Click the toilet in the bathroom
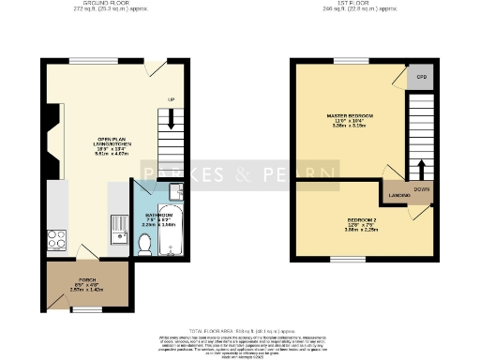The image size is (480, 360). pos(144,245)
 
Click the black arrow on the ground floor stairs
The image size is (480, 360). pos(171,119)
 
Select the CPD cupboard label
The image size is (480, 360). pos(422,77)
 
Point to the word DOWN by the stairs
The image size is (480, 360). pos(423,188)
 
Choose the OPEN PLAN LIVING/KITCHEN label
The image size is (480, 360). pos(86,148)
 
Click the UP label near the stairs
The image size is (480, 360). pos(171,99)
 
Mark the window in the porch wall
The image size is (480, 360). pos(86,308)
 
